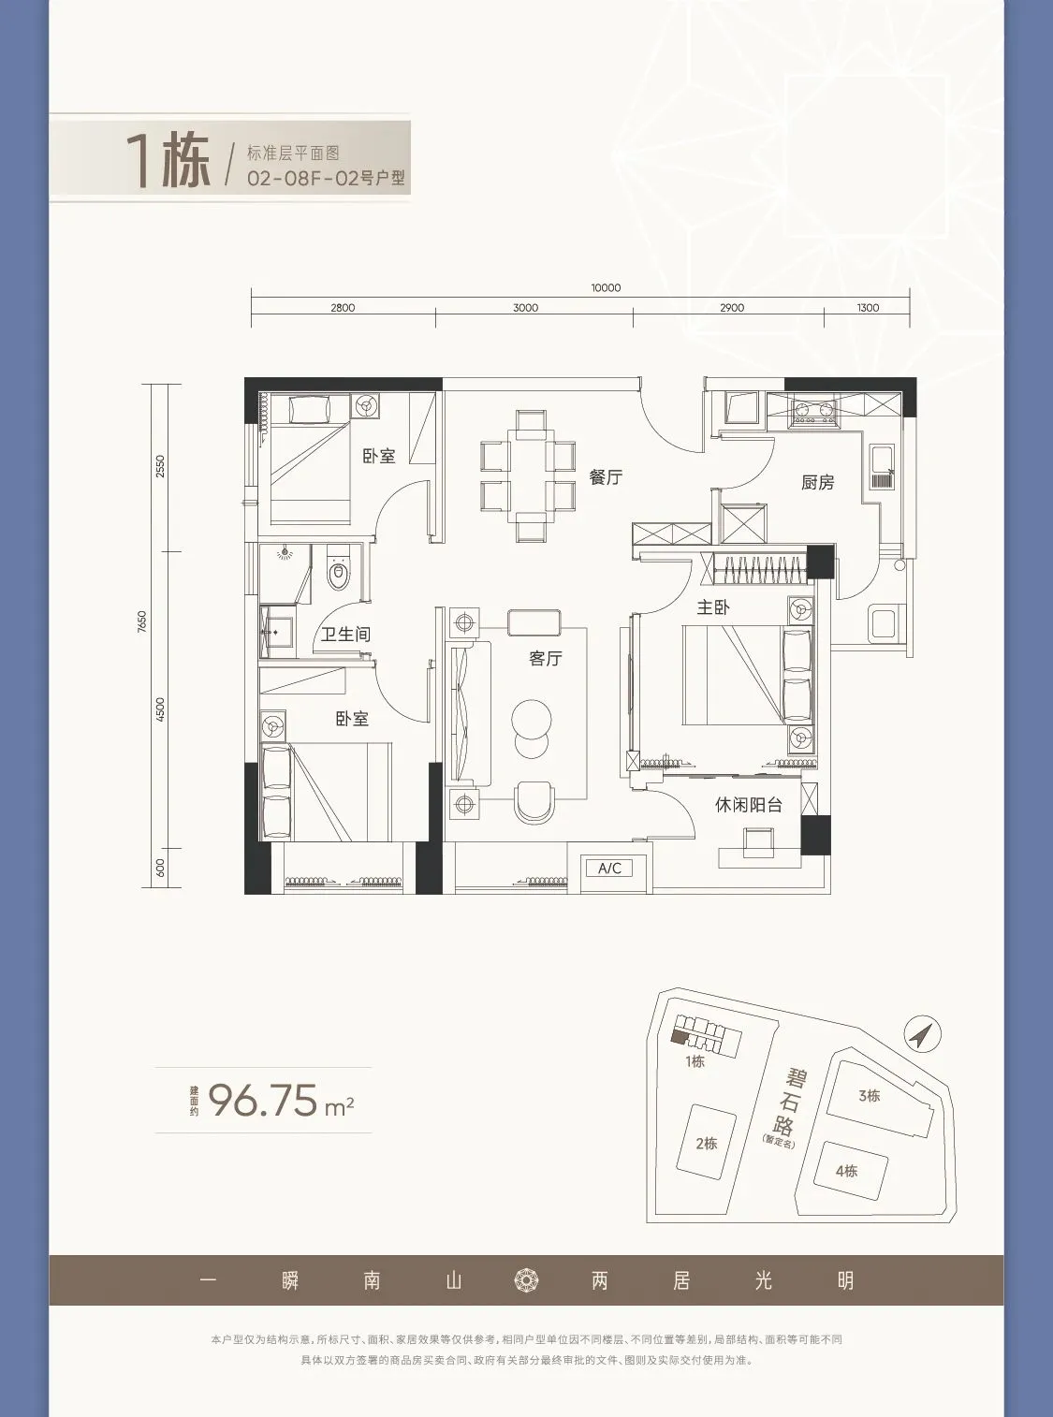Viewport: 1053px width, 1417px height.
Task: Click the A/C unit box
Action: (609, 869)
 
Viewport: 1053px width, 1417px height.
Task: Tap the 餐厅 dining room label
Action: (606, 477)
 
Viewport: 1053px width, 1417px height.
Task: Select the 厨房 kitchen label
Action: (817, 482)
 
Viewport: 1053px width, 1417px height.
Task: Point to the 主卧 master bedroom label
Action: (713, 606)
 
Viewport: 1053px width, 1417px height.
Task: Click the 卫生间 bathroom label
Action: (345, 635)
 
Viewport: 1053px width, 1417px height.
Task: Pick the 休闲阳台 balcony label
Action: (749, 805)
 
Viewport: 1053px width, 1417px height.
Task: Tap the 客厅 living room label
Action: (545, 658)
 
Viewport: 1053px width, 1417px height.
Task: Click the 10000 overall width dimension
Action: (606, 288)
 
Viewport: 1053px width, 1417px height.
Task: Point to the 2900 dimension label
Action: (732, 308)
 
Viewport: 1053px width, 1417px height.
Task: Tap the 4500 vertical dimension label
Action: (160, 709)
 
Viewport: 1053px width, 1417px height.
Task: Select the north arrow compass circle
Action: (923, 1033)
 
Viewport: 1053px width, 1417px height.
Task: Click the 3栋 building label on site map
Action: (869, 1096)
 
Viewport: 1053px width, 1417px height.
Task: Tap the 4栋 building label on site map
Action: (847, 1171)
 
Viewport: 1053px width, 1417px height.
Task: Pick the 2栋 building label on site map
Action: (706, 1144)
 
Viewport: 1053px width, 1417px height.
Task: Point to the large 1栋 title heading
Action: (168, 162)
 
